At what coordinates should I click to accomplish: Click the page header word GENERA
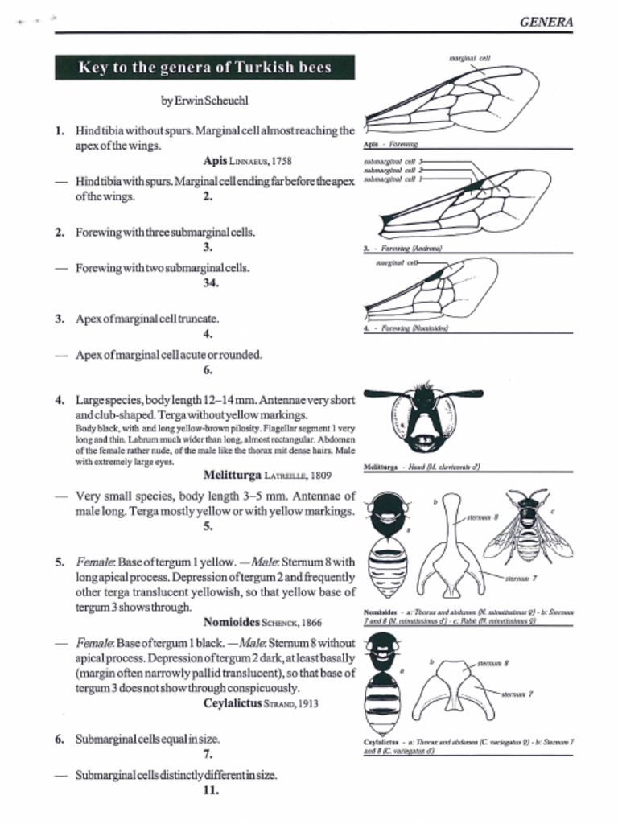[x=546, y=22]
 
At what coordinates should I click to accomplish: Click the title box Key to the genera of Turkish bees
[x=204, y=68]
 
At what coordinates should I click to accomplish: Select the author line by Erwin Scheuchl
[x=204, y=101]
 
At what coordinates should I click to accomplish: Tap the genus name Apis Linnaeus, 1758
[x=248, y=161]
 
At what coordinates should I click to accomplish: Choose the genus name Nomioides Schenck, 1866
[x=262, y=622]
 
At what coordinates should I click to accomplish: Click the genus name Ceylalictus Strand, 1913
[x=261, y=702]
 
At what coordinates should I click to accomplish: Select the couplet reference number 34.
[x=211, y=282]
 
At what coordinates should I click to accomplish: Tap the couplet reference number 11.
[x=211, y=789]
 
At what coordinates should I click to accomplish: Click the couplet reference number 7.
[x=208, y=755]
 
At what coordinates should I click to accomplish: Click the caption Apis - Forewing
[x=390, y=145]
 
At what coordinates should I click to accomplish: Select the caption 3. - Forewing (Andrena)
[x=403, y=249]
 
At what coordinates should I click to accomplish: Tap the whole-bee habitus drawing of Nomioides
[x=528, y=527]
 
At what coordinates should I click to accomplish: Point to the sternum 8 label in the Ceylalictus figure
[x=492, y=664]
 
